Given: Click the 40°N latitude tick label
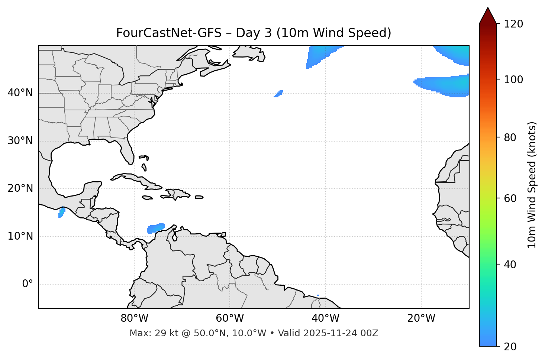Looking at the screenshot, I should (20, 93).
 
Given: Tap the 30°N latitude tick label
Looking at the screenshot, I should (20, 141).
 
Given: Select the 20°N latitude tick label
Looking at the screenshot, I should (20, 188).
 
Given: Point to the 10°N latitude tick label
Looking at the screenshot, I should (20, 236).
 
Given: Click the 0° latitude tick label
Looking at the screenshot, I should (28, 284).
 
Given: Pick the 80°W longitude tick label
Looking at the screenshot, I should (134, 318).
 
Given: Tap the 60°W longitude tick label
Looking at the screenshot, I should (230, 318).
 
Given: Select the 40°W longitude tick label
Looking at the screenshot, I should (325, 318).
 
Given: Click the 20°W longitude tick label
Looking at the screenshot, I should (421, 318).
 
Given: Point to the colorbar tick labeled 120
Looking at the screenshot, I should (514, 24).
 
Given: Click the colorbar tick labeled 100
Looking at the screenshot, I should (514, 80).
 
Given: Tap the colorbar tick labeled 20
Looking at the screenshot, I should (511, 347).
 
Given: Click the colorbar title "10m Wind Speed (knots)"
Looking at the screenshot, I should (532, 185).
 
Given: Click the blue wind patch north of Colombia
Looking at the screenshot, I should (156, 228).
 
